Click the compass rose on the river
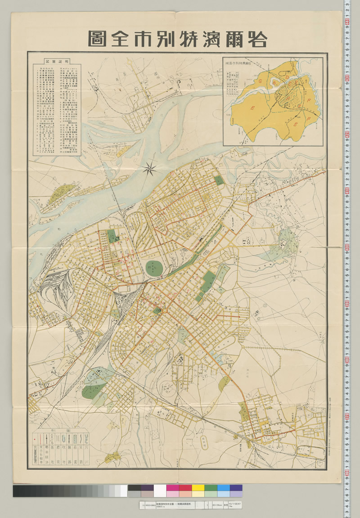(x=150, y=169)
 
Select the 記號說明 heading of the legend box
(x=54, y=60)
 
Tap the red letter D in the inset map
(x=288, y=78)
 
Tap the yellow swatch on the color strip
(x=198, y=488)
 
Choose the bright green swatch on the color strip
(x=211, y=488)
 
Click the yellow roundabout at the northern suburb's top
(x=179, y=81)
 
